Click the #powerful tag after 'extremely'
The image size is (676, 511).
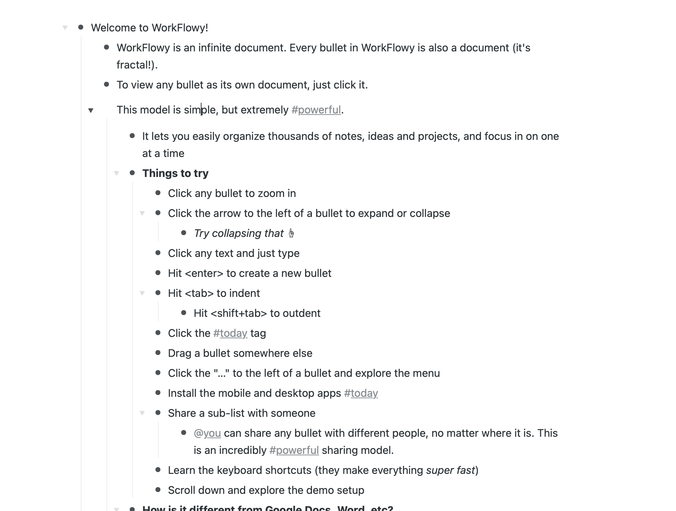tap(316, 110)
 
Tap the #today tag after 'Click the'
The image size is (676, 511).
tap(230, 333)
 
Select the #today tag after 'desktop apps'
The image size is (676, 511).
tap(361, 393)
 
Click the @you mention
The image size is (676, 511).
tap(207, 433)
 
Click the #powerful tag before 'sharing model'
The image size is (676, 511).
tap(294, 450)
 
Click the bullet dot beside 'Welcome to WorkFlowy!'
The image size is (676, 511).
tap(81, 27)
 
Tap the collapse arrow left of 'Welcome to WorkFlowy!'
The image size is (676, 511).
tap(65, 28)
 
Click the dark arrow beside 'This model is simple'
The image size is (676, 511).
tap(91, 110)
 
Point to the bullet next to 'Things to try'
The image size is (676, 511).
tap(132, 173)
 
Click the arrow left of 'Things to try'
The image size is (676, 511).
tap(116, 173)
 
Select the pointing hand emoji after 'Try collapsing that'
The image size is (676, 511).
tap(291, 233)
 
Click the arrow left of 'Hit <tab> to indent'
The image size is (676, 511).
tap(142, 293)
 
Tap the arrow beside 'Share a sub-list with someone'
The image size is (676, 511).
tap(142, 413)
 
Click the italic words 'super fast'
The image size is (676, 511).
tap(450, 470)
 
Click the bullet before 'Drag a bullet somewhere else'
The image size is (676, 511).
tap(158, 353)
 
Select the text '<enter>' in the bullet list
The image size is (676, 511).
tap(204, 273)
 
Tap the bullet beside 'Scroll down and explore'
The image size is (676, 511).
tap(158, 490)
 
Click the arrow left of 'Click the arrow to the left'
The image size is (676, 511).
tap(142, 213)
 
